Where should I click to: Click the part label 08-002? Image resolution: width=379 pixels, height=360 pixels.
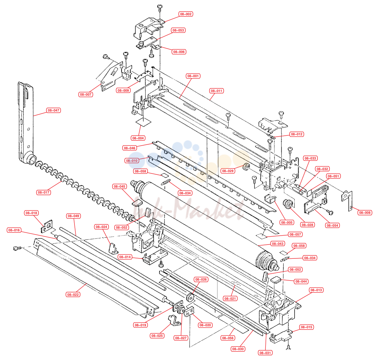(186, 14)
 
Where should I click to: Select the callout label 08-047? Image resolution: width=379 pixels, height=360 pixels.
(53, 111)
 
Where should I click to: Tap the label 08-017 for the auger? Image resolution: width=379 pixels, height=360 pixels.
(43, 193)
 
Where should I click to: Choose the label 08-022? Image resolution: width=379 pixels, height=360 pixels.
(73, 294)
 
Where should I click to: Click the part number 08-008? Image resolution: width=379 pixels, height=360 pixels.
(365, 213)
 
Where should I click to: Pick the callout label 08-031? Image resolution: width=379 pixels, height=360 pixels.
(265, 353)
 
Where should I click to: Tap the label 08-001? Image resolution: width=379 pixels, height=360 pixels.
(193, 76)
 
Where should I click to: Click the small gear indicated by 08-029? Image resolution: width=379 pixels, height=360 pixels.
(246, 166)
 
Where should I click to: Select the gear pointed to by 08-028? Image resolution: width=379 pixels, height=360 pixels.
(288, 204)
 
